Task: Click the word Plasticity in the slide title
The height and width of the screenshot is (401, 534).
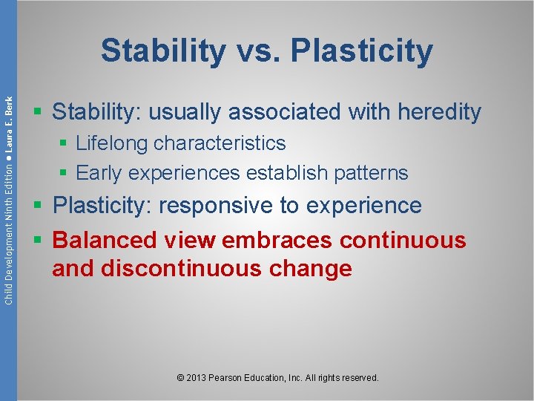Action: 362,51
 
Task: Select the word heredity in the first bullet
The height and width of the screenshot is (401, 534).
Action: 440,112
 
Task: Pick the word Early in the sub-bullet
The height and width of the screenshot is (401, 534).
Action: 99,173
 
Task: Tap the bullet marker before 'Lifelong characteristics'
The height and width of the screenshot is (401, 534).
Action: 65,143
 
